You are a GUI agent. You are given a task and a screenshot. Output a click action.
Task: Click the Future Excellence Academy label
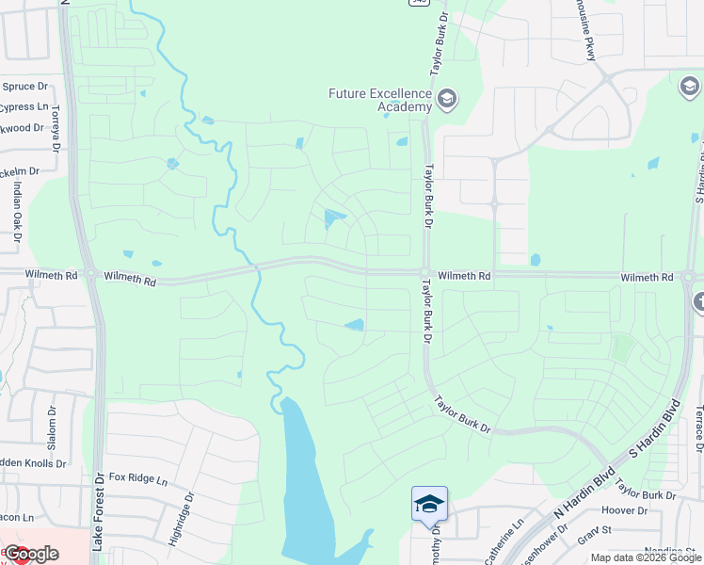[x=379, y=100]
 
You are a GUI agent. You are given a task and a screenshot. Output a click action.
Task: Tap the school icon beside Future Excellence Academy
[x=446, y=99]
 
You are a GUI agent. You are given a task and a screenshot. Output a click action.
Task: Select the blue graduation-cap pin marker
[x=429, y=504]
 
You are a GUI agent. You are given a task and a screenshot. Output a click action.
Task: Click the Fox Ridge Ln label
[x=137, y=478]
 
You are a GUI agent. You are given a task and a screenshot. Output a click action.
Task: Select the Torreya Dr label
[x=56, y=128]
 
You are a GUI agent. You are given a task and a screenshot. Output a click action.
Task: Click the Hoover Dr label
[x=630, y=511]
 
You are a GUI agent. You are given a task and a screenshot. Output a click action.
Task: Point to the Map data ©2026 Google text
[x=646, y=557]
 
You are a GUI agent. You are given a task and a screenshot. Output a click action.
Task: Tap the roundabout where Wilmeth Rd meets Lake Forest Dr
[x=91, y=275]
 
